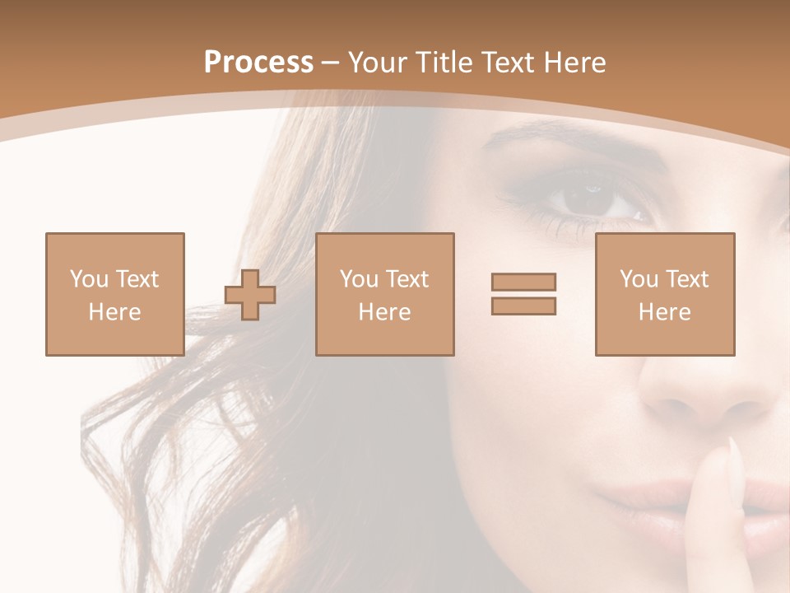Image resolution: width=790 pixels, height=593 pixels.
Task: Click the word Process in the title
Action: click(258, 63)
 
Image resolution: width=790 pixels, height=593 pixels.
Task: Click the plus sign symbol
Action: click(250, 295)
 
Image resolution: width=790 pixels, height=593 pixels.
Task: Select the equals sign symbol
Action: click(523, 294)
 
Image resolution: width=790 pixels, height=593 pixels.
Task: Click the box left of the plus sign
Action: click(114, 294)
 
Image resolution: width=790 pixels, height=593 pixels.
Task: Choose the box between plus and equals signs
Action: click(384, 294)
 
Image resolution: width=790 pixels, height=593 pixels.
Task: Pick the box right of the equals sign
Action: click(664, 294)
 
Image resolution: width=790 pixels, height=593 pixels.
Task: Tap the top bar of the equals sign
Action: click(523, 282)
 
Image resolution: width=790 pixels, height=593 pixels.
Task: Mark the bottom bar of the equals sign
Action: click(523, 306)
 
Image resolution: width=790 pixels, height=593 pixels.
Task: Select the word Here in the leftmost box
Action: click(114, 312)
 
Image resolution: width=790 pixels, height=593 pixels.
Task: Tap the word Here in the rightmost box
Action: click(664, 312)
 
